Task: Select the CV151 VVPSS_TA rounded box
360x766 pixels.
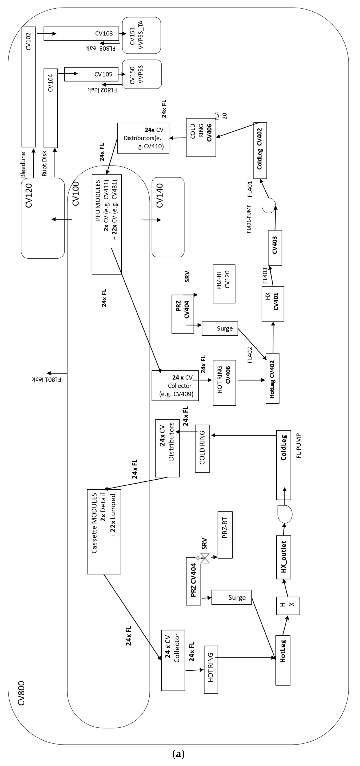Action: point(142,35)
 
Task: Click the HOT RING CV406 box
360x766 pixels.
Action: point(224,383)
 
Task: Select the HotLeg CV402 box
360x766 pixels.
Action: point(272,378)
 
